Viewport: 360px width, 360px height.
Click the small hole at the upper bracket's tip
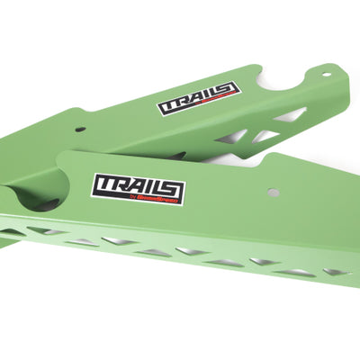pos(327,74)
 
